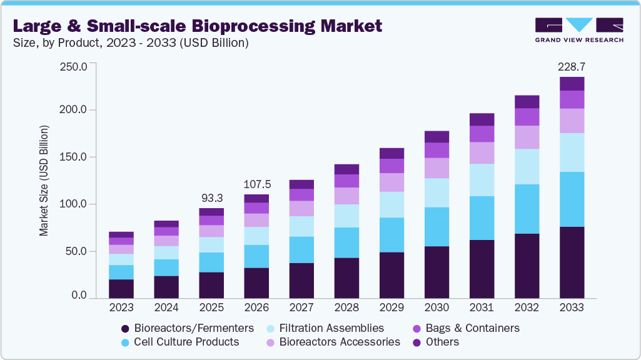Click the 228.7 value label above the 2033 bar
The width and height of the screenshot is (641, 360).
(572, 66)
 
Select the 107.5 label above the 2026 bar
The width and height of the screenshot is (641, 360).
(257, 185)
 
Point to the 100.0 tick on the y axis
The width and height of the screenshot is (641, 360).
(73, 204)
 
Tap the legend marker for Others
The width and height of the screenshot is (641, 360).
(416, 342)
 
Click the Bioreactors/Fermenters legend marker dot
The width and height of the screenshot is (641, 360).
(125, 328)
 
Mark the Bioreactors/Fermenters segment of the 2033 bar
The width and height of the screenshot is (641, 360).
(572, 262)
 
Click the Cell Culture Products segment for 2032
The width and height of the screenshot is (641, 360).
(527, 209)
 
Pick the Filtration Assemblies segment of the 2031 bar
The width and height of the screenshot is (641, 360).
(482, 180)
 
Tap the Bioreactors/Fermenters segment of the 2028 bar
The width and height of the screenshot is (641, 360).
(346, 277)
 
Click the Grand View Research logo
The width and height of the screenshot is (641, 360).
(579, 29)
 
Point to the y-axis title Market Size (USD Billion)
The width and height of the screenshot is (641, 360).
(44, 179)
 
